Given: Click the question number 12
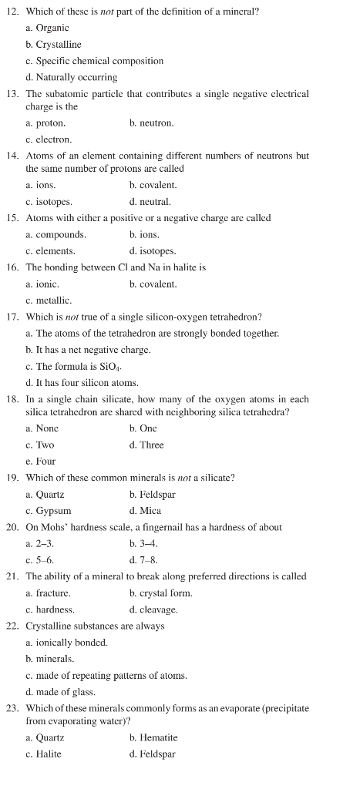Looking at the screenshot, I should (13, 12).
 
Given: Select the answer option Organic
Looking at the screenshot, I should (52, 29).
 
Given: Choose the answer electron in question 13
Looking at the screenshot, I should (49, 139).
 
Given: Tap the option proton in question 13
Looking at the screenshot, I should (45, 123).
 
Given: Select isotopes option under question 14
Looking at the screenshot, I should (49, 202).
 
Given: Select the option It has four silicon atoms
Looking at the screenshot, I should (82, 383).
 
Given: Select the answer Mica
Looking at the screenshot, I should (145, 511).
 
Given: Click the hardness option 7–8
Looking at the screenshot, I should (144, 560).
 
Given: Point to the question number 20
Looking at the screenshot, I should (13, 528).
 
